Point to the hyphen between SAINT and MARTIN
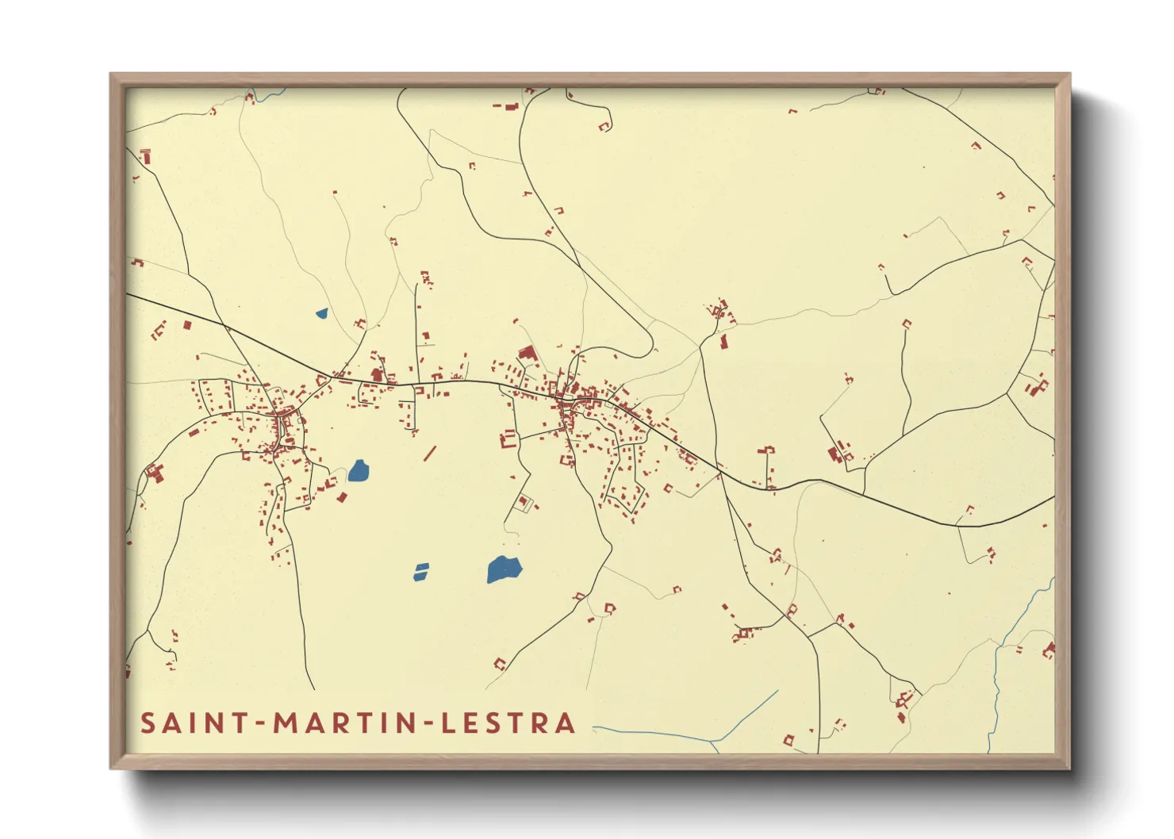(260, 724)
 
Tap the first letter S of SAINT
(148, 723)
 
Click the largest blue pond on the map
(503, 569)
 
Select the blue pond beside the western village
(359, 471)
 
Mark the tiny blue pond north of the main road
(321, 313)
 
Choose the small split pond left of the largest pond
(421, 572)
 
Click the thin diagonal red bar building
(430, 454)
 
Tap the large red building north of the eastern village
(528, 354)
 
